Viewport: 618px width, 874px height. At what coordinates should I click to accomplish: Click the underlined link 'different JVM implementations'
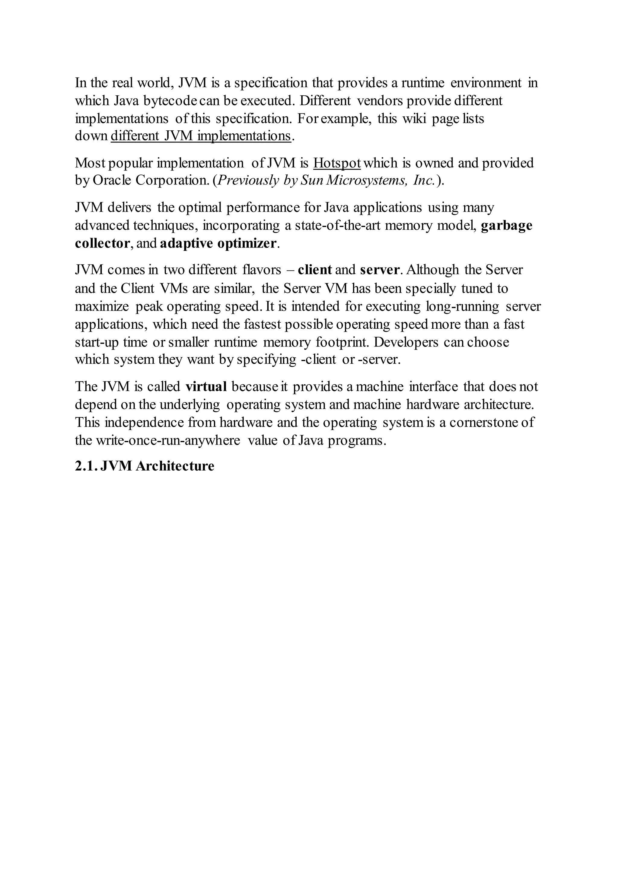coord(201,136)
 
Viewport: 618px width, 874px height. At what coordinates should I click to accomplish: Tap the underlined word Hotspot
coord(337,163)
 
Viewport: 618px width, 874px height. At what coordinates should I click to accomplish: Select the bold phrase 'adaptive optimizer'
coord(218,243)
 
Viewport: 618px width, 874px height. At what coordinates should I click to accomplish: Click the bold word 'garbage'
coord(507,225)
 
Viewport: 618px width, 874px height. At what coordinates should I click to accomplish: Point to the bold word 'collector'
coord(102,243)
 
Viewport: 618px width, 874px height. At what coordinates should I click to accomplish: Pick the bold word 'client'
coord(315,270)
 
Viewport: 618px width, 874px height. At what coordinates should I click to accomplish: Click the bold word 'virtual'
coord(206,387)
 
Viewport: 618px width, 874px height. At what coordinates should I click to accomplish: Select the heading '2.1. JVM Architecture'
coord(145,466)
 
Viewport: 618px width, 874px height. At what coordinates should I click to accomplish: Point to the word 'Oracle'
coord(112,180)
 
